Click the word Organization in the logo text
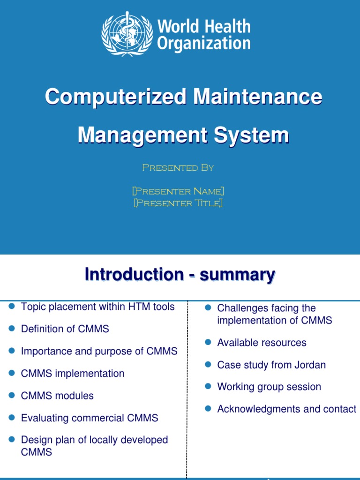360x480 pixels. pyautogui.click(x=203, y=44)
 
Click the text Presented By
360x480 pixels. pyautogui.click(x=178, y=168)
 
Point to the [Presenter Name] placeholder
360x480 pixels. pyautogui.click(x=178, y=191)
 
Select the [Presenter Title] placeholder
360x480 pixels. pyautogui.click(x=178, y=203)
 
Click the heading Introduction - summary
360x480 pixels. pyautogui.click(x=180, y=275)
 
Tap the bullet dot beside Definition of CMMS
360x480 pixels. pyautogui.click(x=12, y=329)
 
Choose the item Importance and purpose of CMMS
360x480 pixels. pyautogui.click(x=99, y=351)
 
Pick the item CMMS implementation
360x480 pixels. pyautogui.click(x=73, y=374)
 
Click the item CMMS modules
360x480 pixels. pyautogui.click(x=57, y=396)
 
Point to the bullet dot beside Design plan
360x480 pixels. pyautogui.click(x=12, y=440)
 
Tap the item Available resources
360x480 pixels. pyautogui.click(x=262, y=343)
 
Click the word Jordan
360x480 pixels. pyautogui.click(x=310, y=365)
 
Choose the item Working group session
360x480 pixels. pyautogui.click(x=269, y=387)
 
